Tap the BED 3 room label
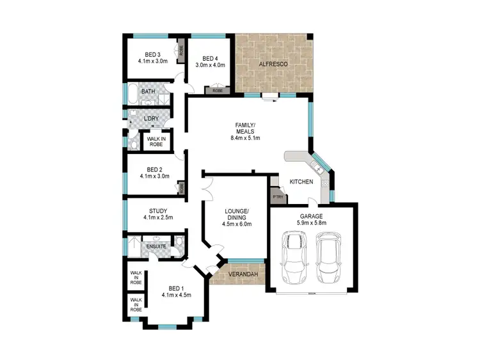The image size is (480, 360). tap(152, 54)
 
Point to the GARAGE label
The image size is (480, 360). tap(312, 216)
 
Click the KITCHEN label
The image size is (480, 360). tap(301, 182)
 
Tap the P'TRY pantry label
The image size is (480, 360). tap(278, 197)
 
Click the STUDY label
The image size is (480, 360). tap(158, 212)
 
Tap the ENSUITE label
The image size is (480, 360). tap(156, 246)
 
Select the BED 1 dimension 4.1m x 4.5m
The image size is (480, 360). tap(177, 295)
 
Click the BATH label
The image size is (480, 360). tap(148, 92)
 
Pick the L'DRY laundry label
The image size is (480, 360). tap(152, 118)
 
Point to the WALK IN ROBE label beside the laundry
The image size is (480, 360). tap(156, 141)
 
